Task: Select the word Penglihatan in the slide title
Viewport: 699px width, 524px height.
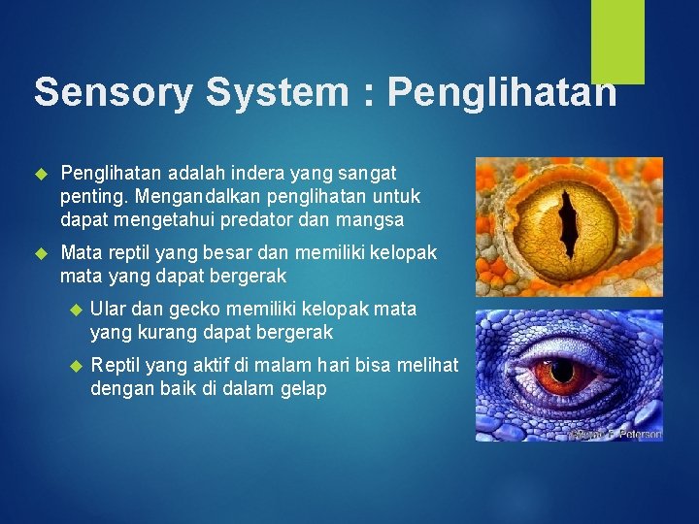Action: pos(501,92)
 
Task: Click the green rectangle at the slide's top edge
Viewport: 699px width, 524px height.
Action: pos(618,42)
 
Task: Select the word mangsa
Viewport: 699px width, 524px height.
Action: pos(371,219)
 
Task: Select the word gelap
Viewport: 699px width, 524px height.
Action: pos(302,389)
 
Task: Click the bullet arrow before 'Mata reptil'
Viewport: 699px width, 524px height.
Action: pos(41,253)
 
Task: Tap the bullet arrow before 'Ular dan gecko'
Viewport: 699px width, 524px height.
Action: pos(73,310)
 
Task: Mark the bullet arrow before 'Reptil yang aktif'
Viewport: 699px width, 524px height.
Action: pos(73,366)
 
